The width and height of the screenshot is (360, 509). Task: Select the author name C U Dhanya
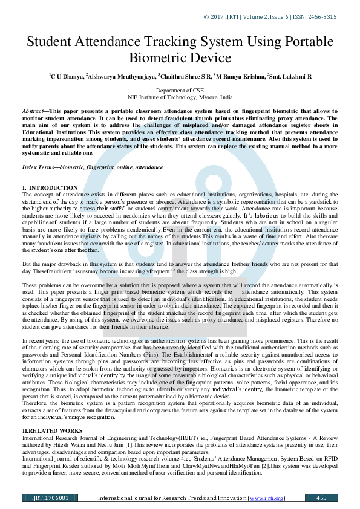coord(67,77)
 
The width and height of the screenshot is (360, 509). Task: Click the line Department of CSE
coord(180,90)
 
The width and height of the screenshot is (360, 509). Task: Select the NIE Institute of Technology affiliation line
coord(180,97)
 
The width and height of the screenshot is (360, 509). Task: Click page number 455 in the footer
coord(321,498)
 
